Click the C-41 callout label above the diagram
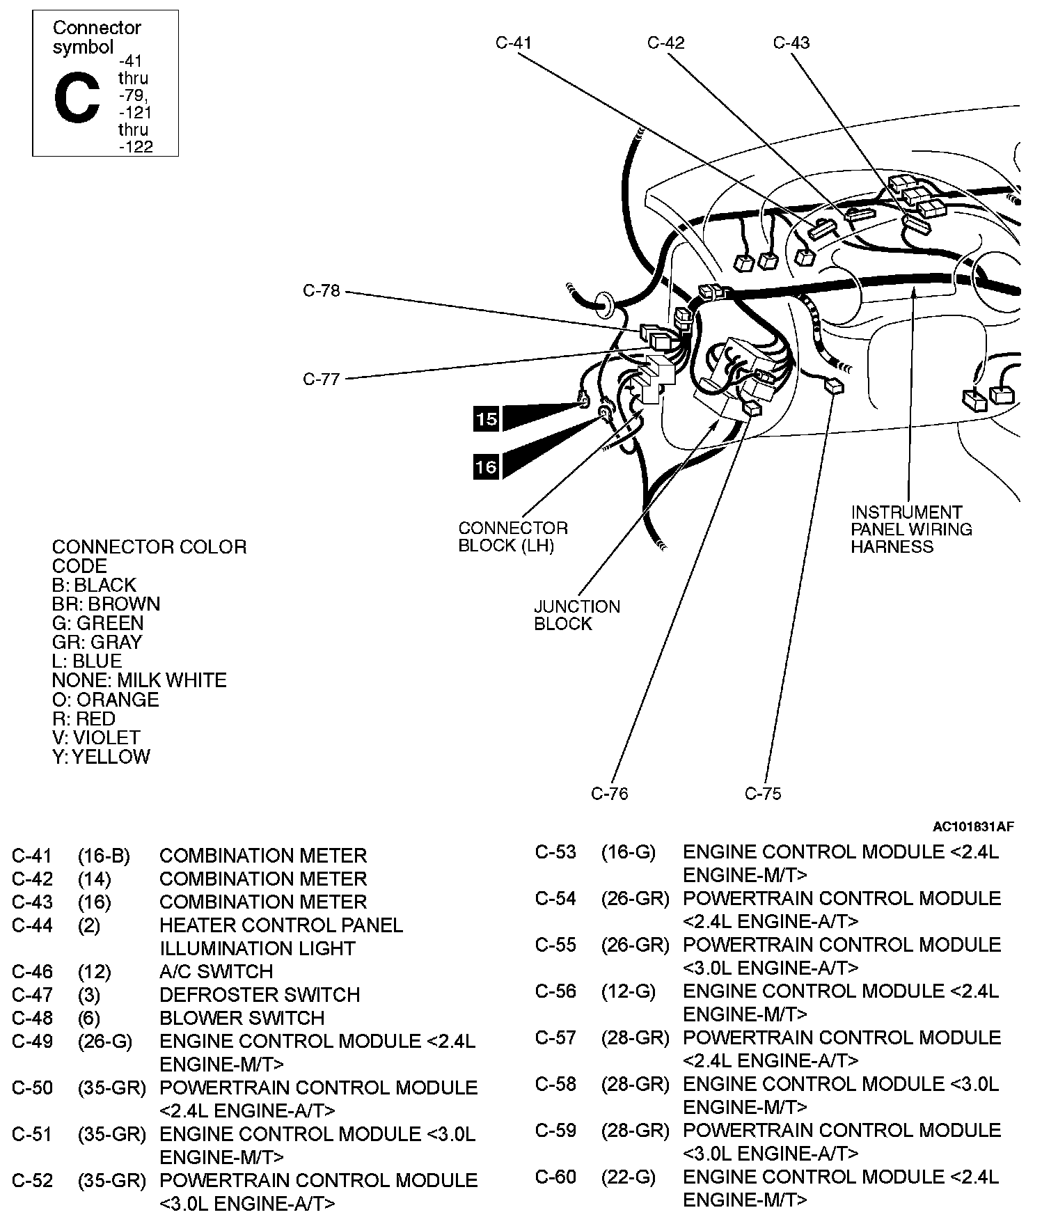pos(513,42)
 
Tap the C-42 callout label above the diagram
pos(665,42)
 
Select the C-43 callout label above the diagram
pos(791,42)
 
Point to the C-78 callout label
pos(322,290)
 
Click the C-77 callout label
pos(322,379)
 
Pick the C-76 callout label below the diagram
pos(609,793)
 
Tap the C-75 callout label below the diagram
pos(763,793)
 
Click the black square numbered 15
pos(487,418)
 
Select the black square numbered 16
pos(487,466)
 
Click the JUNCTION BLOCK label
pos(576,615)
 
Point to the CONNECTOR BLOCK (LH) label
pos(513,537)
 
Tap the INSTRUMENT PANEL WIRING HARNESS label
pos(911,529)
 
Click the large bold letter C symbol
pos(77,99)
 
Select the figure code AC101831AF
pos(973,826)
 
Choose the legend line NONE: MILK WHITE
pos(139,680)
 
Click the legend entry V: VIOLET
pos(96,737)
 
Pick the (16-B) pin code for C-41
pos(104,855)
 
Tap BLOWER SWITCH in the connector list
pos(242,1017)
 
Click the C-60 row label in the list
pos(555,1177)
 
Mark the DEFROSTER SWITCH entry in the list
pos(260,994)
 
